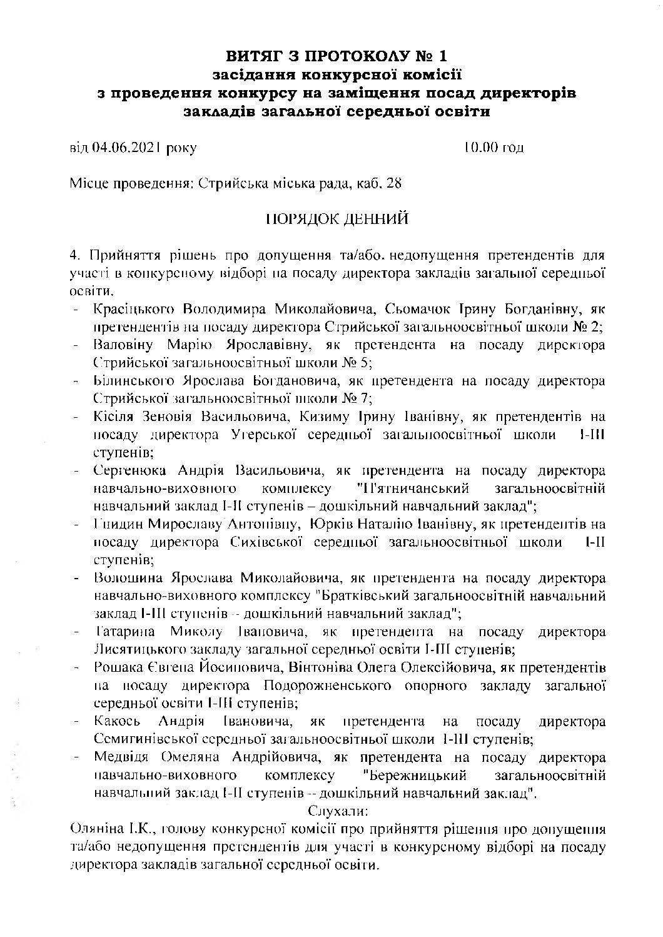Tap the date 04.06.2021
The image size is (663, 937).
[124, 148]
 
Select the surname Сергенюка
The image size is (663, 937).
[129, 470]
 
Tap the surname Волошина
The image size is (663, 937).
[128, 577]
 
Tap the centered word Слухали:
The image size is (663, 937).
[338, 811]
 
